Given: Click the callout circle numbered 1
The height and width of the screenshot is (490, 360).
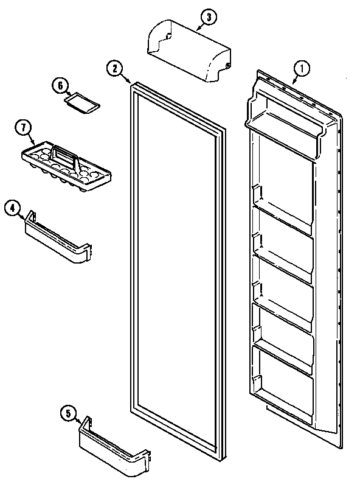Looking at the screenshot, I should click(299, 67).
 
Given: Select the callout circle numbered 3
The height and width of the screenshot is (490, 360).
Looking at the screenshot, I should click(208, 18).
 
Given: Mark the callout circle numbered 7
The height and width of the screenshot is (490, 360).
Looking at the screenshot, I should click(22, 128).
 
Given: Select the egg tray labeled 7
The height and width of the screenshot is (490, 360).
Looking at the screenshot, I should click(67, 167).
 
